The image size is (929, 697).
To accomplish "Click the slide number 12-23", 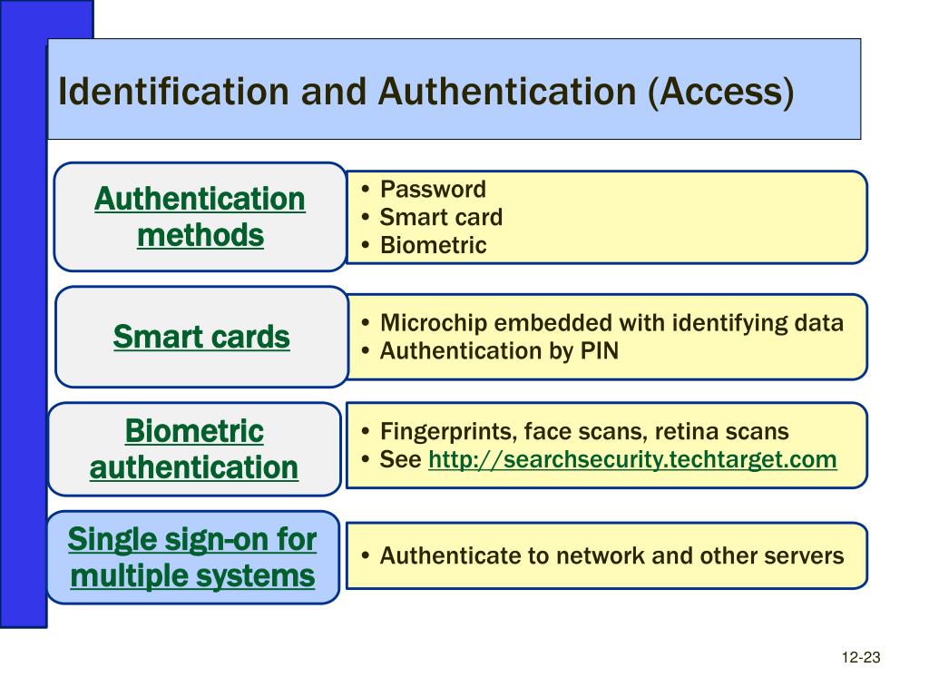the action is click(861, 658).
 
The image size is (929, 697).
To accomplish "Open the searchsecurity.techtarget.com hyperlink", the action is click(632, 459).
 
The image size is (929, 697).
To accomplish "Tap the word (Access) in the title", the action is click(720, 92).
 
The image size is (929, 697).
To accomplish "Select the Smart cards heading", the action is click(201, 338).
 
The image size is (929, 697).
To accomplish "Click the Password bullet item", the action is click(433, 190).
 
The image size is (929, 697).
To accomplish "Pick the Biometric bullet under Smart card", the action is click(433, 245).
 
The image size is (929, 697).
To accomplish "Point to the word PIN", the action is click(599, 350).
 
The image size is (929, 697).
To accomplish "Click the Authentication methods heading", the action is click(200, 217).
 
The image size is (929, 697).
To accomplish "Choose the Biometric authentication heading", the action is click(194, 449).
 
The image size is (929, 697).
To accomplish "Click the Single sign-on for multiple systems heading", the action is click(192, 557).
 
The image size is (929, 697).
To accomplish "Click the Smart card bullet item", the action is click(441, 218).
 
